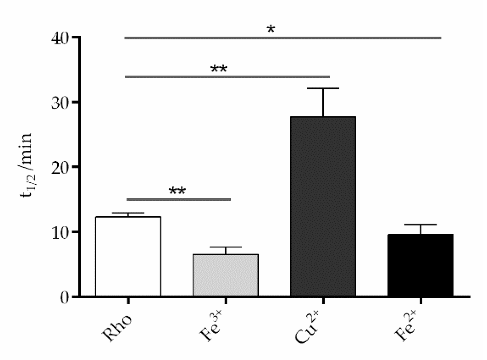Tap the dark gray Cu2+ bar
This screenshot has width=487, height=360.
(323, 206)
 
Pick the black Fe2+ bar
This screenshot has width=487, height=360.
(421, 265)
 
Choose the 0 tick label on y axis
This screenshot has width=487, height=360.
(65, 297)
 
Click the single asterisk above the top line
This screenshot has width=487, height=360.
(271, 29)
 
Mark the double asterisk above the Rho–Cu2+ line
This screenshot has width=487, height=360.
(219, 69)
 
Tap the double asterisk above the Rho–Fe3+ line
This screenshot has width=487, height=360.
(177, 191)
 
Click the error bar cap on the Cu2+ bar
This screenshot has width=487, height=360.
(323, 88)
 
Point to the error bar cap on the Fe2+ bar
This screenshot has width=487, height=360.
(421, 224)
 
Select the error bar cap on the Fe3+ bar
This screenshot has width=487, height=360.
(225, 247)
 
